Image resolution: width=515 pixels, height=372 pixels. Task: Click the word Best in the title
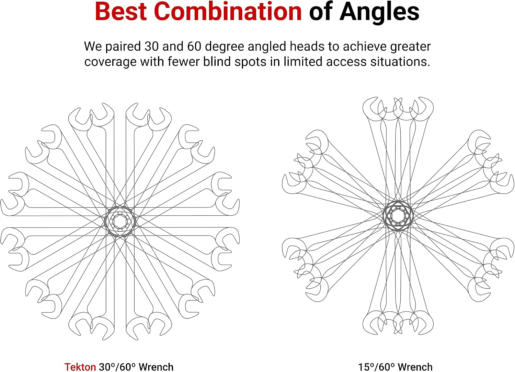(121, 11)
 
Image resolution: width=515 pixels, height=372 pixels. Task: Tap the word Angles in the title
(379, 13)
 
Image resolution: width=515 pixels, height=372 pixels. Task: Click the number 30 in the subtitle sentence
(152, 46)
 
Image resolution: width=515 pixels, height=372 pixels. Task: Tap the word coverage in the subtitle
(110, 62)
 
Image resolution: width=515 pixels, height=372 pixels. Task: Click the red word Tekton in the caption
(80, 367)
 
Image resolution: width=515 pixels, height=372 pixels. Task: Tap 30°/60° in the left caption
(117, 367)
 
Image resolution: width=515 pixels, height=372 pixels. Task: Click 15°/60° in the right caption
(376, 367)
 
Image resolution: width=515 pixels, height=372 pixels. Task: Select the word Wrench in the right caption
(415, 367)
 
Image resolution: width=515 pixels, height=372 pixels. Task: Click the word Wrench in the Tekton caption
(156, 367)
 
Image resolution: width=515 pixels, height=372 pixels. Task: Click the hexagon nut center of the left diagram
(120, 221)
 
